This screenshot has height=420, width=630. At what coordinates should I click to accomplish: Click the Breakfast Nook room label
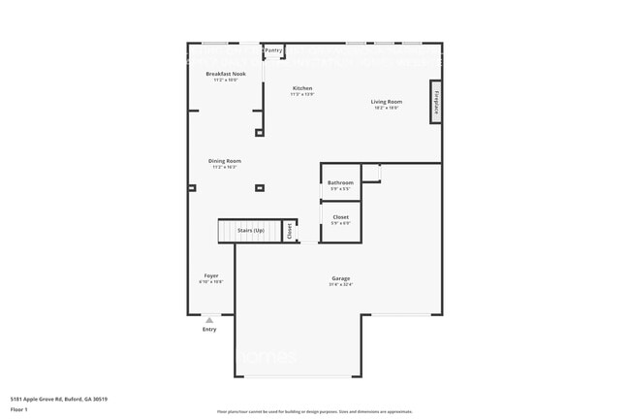tap(225, 74)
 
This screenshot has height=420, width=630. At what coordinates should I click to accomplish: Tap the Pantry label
tap(273, 49)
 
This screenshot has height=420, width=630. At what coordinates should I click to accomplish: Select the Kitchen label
tap(302, 88)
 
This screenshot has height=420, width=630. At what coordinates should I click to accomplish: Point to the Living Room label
tap(386, 101)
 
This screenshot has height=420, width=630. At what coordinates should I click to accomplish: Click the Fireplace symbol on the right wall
tap(436, 102)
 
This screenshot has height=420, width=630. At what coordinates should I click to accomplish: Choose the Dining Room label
tap(225, 161)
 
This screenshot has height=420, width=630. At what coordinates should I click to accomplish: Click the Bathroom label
tap(340, 182)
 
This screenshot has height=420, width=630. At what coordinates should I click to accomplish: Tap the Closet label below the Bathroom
tap(340, 217)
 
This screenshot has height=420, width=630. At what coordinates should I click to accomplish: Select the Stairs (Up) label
tap(251, 230)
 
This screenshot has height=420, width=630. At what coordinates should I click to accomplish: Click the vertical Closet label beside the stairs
tap(289, 230)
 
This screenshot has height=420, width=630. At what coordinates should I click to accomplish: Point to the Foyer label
tap(211, 275)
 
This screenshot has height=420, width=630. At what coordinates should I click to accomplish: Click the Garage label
tap(340, 278)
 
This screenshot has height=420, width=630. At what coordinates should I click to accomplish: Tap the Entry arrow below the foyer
tap(209, 319)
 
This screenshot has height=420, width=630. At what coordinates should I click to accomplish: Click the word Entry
tap(209, 330)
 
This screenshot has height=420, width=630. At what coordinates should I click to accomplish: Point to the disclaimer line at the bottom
tap(314, 411)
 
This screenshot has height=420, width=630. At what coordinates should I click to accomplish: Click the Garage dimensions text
tap(340, 284)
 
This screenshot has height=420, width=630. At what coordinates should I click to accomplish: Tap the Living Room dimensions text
tap(386, 107)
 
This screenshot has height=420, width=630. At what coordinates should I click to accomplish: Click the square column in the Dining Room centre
tap(259, 187)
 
